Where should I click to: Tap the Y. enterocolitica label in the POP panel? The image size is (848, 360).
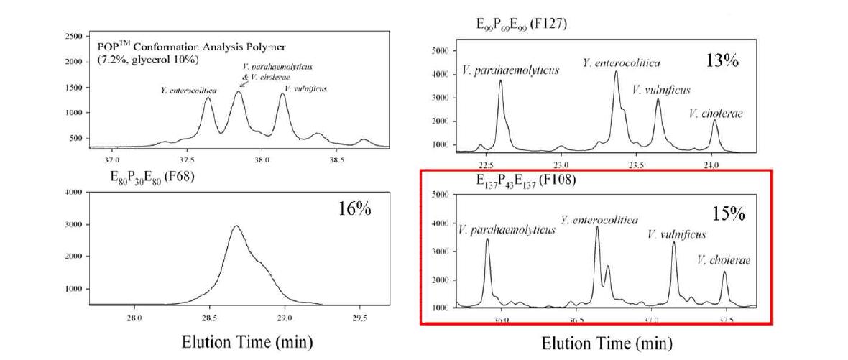[x=189, y=91]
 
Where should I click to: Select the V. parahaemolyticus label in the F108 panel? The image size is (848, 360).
[x=507, y=230]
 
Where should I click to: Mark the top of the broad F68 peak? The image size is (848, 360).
[x=236, y=226]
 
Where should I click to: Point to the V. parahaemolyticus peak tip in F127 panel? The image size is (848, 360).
[x=500, y=80]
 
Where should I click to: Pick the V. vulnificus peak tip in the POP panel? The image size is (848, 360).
[x=282, y=94]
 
